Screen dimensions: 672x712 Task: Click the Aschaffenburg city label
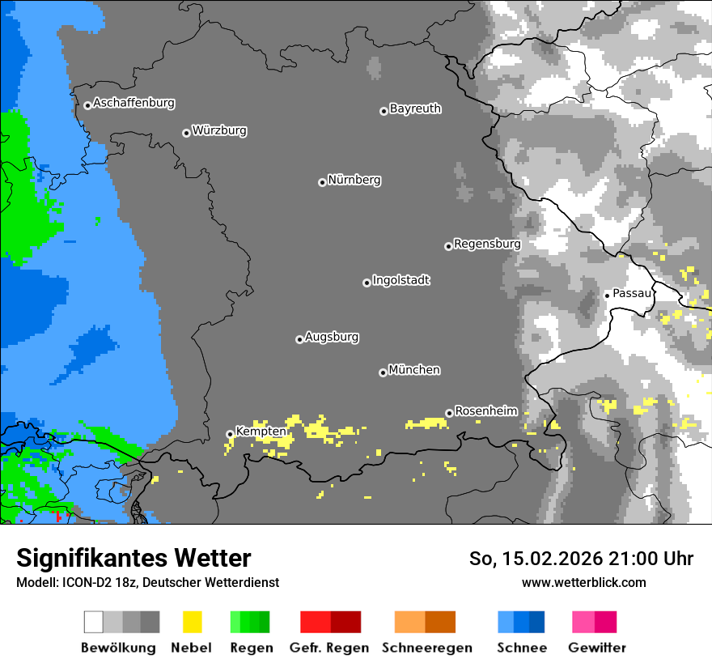coord(133,104)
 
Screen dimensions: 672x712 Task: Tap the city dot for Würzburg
coord(186,133)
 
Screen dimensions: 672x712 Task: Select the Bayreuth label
coord(415,108)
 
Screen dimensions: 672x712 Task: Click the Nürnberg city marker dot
coord(322,182)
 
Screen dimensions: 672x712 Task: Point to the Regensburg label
coord(487,244)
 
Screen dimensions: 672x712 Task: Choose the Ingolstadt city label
coord(401,281)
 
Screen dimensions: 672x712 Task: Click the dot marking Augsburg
coord(299,339)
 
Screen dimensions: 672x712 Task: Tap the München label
coord(414,370)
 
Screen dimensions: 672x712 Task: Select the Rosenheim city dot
coord(449,413)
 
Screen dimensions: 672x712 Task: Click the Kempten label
coord(261,432)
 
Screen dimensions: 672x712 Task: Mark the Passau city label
coord(632,293)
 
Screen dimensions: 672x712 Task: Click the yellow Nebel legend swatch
coord(192,622)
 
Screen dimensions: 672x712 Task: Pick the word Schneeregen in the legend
coord(426,648)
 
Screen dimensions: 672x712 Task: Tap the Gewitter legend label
coord(596,648)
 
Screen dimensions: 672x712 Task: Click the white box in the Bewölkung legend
coord(94,622)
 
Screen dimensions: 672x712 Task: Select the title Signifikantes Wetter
coord(133,558)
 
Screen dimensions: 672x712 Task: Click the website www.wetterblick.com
coord(583,582)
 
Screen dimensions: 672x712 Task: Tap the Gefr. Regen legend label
coord(328,648)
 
